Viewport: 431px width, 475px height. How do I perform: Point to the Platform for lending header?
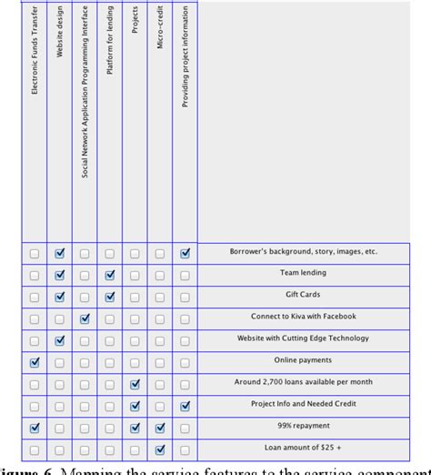click(110, 47)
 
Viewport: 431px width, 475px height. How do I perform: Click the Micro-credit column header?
click(160, 27)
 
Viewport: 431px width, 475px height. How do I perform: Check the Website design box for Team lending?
click(60, 274)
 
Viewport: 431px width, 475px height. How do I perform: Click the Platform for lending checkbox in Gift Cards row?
click(110, 296)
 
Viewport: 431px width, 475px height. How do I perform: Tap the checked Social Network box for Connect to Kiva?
click(85, 318)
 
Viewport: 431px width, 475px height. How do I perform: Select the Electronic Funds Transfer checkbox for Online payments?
click(35, 362)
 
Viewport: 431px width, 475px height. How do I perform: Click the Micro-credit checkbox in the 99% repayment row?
click(160, 427)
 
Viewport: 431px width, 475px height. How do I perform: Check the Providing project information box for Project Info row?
click(185, 405)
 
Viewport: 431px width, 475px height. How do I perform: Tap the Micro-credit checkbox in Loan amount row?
click(160, 449)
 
